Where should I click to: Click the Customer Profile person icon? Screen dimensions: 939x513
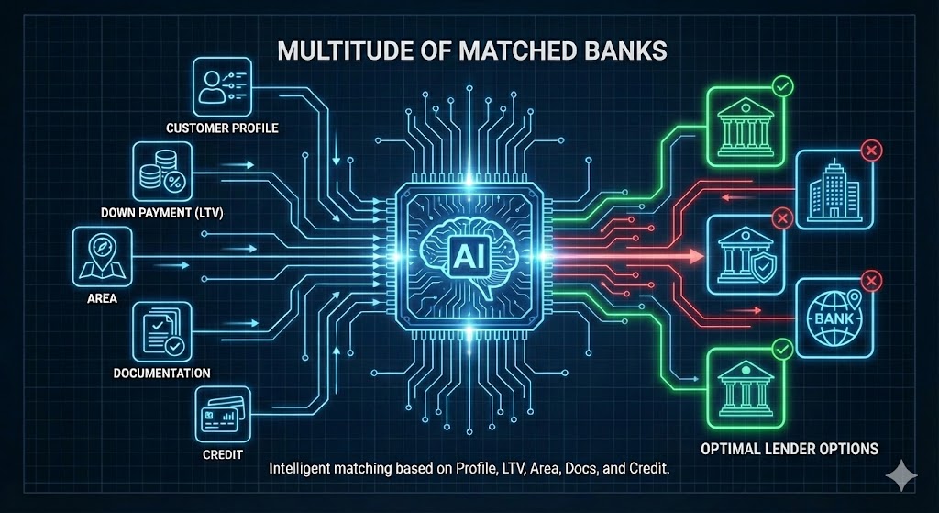(222, 86)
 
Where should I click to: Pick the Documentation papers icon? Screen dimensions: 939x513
(162, 330)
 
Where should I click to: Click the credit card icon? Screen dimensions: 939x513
(222, 414)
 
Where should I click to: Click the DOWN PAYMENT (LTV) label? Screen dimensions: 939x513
(162, 212)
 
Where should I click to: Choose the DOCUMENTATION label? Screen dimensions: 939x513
(162, 373)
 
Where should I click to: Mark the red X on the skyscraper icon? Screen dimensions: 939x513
(870, 151)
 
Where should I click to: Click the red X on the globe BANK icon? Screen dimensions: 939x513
(871, 281)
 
